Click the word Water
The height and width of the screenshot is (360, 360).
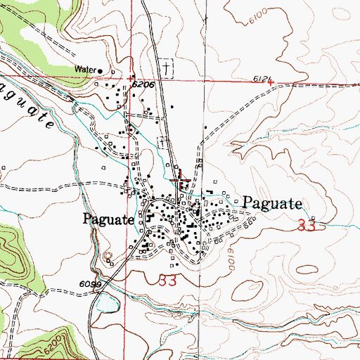coord(84,70)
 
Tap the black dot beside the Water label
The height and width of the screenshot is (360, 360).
coord(100,71)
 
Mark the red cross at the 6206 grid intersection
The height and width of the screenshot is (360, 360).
coord(132,77)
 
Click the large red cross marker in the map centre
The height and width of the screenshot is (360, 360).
coord(180,181)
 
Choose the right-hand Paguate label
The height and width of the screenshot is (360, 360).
coord(273,205)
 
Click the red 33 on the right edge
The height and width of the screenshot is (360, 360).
coord(307,226)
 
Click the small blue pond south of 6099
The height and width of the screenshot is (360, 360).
coord(107,304)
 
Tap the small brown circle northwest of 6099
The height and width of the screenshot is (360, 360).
coord(108,257)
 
